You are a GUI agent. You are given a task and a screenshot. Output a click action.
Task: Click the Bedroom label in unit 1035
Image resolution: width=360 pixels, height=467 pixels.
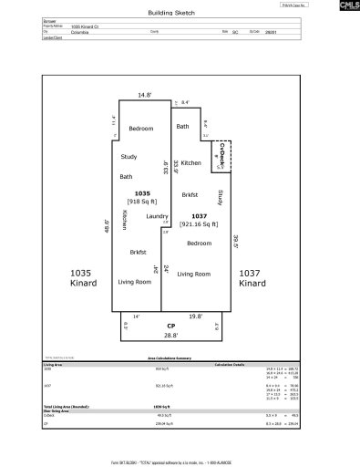pyautogui.click(x=140, y=129)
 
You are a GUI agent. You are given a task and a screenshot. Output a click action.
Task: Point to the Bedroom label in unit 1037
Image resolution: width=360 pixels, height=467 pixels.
pyautogui.click(x=200, y=244)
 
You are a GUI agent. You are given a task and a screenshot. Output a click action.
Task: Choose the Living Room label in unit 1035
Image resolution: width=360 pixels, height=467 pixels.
pyautogui.click(x=135, y=282)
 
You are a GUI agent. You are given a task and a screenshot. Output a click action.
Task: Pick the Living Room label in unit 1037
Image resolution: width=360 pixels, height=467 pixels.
pyautogui.click(x=193, y=274)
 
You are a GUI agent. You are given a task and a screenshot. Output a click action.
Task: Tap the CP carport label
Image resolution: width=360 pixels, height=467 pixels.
pyautogui.click(x=170, y=327)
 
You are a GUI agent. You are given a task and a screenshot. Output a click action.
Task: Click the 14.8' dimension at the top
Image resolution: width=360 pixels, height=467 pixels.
pyautogui.click(x=144, y=93)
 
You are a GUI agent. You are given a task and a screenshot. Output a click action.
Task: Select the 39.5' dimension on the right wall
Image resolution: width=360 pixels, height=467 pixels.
pyautogui.click(x=235, y=242)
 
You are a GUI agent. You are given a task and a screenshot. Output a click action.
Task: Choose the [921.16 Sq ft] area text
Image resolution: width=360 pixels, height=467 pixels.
pyautogui.click(x=199, y=223)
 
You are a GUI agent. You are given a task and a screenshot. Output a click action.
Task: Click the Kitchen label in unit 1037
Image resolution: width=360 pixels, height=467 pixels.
pyautogui.click(x=191, y=162)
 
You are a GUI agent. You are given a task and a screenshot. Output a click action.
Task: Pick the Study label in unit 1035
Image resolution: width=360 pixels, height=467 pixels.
pyautogui.click(x=129, y=156)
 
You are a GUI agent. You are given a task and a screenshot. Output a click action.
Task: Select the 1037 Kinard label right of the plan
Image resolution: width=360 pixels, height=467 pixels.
pyautogui.click(x=252, y=278)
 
